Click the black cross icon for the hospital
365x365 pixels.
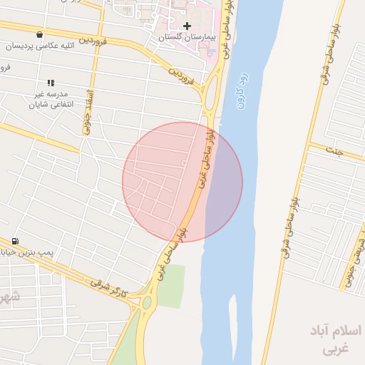187,26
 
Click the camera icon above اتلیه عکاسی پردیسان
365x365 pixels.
38,34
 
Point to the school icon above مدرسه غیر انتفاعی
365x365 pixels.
51,83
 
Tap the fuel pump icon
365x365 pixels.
15,241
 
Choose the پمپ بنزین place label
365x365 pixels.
37,252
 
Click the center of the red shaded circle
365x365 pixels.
182,182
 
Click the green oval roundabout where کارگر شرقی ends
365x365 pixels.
148,304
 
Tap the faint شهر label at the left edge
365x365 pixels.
7,297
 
